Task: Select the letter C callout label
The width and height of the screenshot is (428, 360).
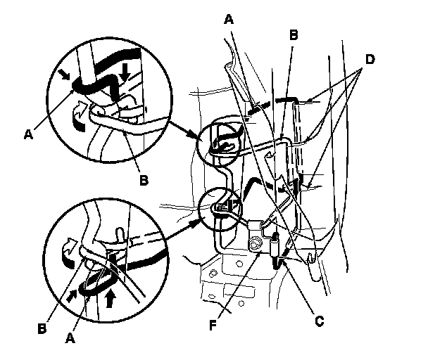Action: pyautogui.click(x=319, y=322)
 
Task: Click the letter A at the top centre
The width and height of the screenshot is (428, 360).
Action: pyautogui.click(x=229, y=20)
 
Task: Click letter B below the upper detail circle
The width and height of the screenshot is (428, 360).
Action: pyautogui.click(x=144, y=181)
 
